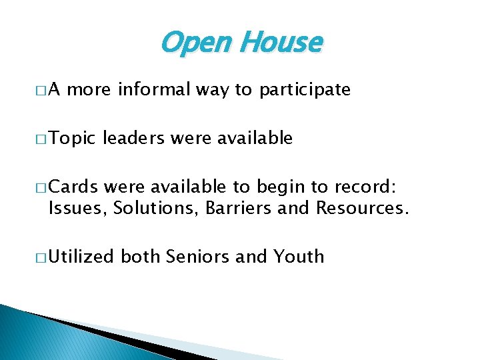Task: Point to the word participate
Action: click(305, 90)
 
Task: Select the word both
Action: click(141, 256)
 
